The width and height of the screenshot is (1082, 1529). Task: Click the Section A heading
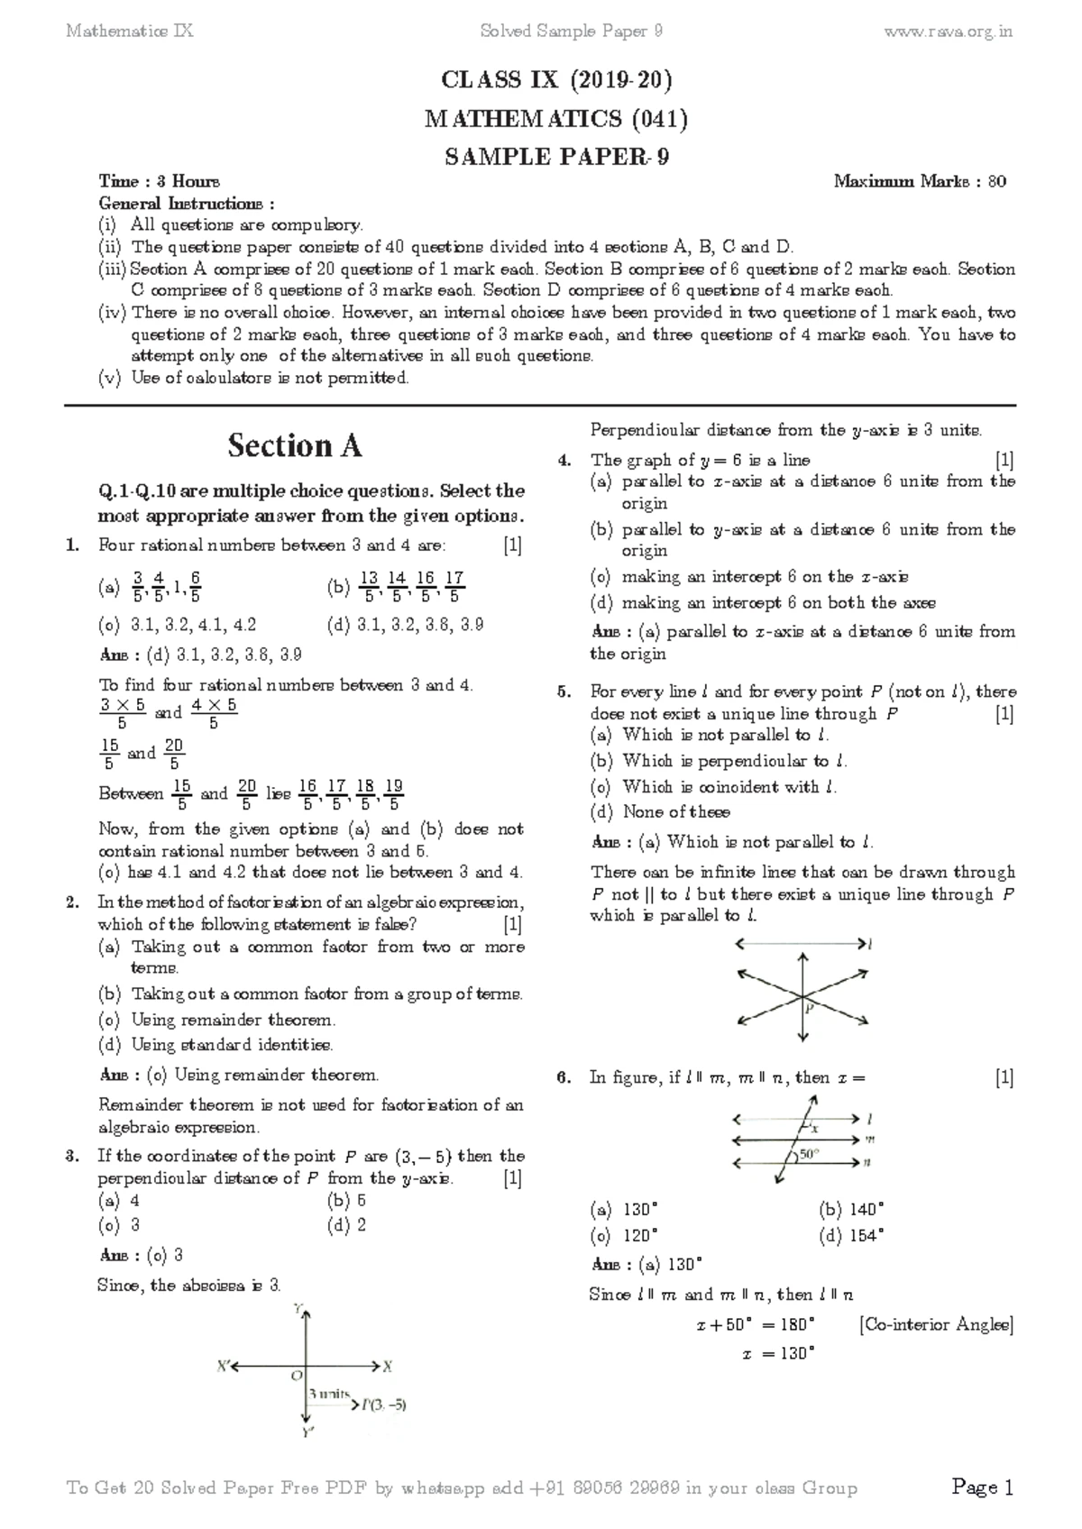click(x=294, y=445)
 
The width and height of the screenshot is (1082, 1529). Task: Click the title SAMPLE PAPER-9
click(x=556, y=157)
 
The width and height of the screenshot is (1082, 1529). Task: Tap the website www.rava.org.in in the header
click(x=949, y=32)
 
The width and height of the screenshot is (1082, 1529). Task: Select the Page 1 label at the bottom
click(x=983, y=1488)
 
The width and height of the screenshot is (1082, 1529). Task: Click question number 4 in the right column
click(x=564, y=461)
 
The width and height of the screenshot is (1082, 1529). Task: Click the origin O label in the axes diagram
click(x=295, y=1377)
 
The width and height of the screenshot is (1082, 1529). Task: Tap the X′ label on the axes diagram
click(x=224, y=1366)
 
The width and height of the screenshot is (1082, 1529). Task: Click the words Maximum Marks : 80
click(x=920, y=182)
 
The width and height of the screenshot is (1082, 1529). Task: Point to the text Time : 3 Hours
click(x=159, y=182)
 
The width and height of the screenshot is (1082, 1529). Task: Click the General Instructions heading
click(x=187, y=204)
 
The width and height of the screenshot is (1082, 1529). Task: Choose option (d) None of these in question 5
click(x=660, y=812)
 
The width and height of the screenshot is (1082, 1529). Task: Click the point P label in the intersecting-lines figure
click(x=810, y=1009)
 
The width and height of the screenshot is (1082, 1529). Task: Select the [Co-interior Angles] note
click(x=936, y=1324)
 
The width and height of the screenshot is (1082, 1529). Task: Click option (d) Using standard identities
click(x=215, y=1046)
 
